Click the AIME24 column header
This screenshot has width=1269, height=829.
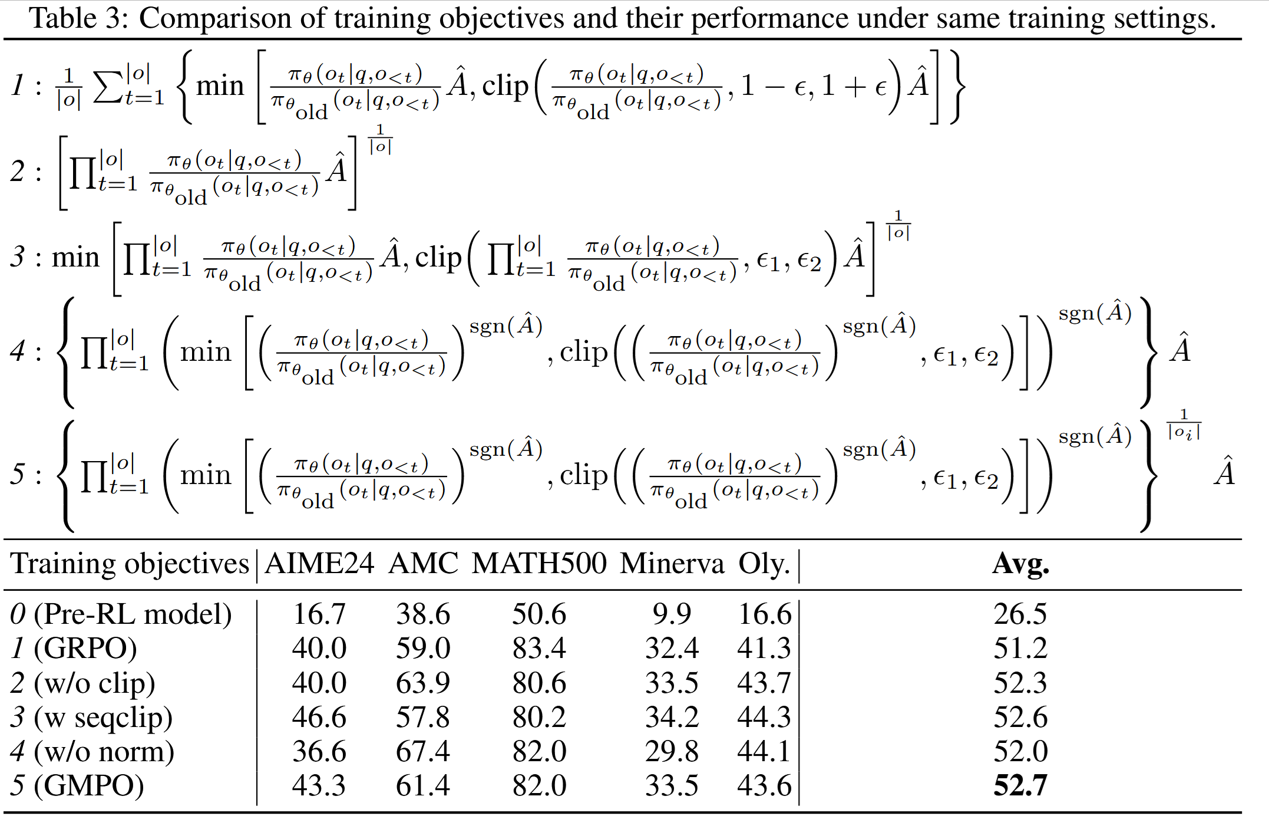[319, 564]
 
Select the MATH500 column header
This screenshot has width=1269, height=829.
[538, 564]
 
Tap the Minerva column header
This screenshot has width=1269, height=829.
[672, 564]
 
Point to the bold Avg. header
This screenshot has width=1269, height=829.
[1020, 564]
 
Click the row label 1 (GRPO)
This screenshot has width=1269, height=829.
[74, 648]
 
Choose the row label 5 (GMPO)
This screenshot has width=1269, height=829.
[77, 785]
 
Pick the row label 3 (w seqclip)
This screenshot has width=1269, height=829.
[91, 717]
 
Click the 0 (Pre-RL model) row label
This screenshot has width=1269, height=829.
[121, 614]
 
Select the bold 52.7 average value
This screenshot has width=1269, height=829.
[1020, 785]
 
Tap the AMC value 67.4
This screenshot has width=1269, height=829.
[422, 751]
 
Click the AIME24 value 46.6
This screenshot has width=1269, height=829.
[319, 717]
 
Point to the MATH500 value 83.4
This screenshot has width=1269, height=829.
[538, 648]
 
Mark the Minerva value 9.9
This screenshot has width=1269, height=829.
[672, 614]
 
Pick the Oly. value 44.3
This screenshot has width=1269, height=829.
[764, 717]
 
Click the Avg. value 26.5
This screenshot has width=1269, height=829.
[1020, 614]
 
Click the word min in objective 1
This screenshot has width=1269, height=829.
[220, 86]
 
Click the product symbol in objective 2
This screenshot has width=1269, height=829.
[82, 172]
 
